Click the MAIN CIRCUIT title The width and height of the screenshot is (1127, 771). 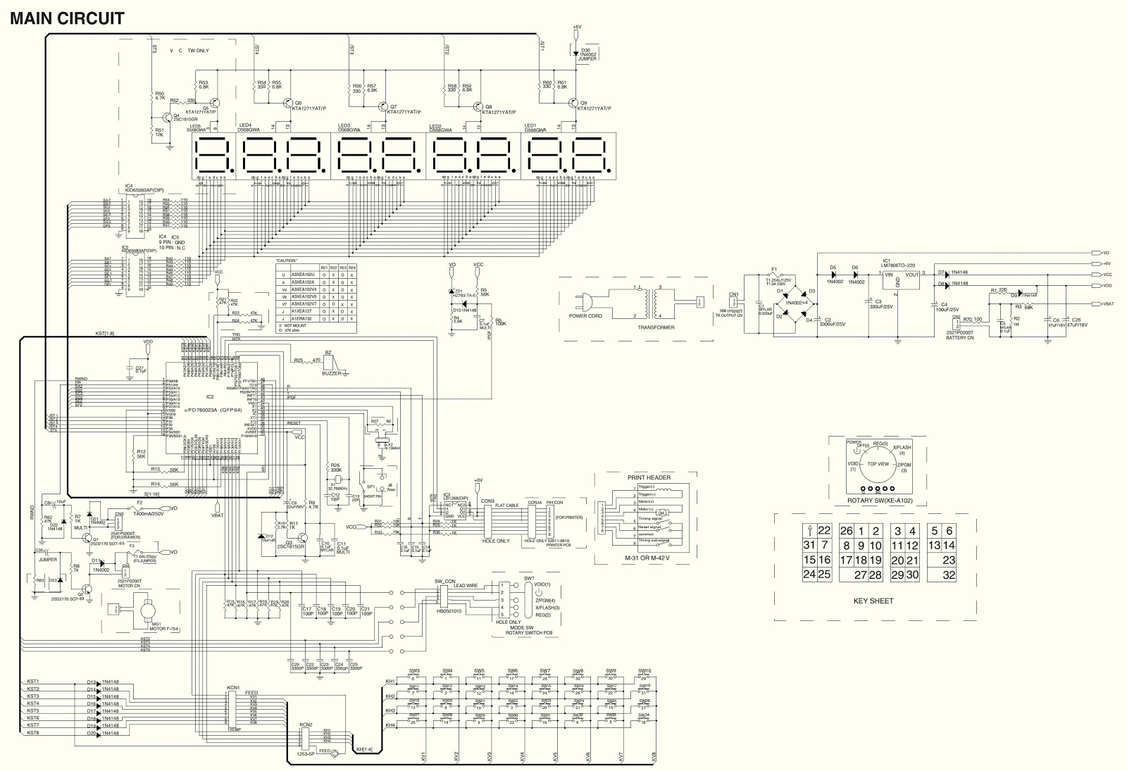coord(67,18)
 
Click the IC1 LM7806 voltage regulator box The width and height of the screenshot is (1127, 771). coord(902,280)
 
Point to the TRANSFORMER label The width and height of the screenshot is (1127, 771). coord(656,327)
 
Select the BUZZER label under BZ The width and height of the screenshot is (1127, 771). coord(330,373)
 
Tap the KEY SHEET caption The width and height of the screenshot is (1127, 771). coord(873,601)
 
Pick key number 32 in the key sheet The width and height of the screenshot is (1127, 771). coord(948,575)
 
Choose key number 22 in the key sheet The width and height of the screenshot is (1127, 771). coord(824,531)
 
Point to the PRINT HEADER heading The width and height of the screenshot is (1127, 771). coord(649,477)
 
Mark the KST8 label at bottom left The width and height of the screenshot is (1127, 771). coord(32,733)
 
